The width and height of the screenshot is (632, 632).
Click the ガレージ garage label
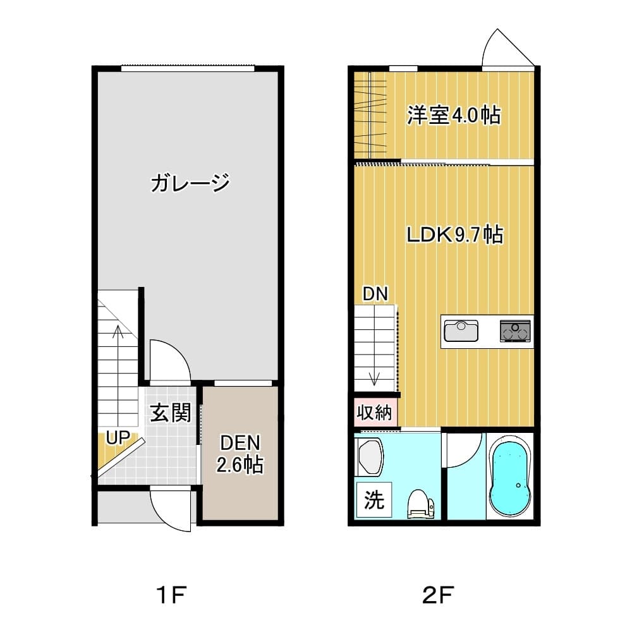[x=190, y=183]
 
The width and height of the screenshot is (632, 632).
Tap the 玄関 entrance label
[x=170, y=412]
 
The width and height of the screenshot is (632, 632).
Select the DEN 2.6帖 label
[x=240, y=454]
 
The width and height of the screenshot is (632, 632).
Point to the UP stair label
[x=118, y=437]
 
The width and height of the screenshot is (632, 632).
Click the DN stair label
[x=375, y=294]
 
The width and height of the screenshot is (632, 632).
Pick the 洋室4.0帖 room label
[x=454, y=115]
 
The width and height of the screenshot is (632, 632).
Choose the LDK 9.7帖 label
[x=455, y=234]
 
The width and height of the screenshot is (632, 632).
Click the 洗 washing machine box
[x=374, y=500]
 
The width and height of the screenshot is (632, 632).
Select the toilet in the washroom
[x=421, y=504]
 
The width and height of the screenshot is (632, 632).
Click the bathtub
[x=509, y=478]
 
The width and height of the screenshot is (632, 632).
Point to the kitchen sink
[x=461, y=331]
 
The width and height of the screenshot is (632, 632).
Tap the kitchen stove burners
[x=515, y=331]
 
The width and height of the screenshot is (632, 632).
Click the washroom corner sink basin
[x=370, y=457]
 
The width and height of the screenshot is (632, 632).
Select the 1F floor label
[x=172, y=595]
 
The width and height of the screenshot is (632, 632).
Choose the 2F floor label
[x=438, y=595]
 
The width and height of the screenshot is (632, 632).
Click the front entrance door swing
[x=169, y=508]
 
